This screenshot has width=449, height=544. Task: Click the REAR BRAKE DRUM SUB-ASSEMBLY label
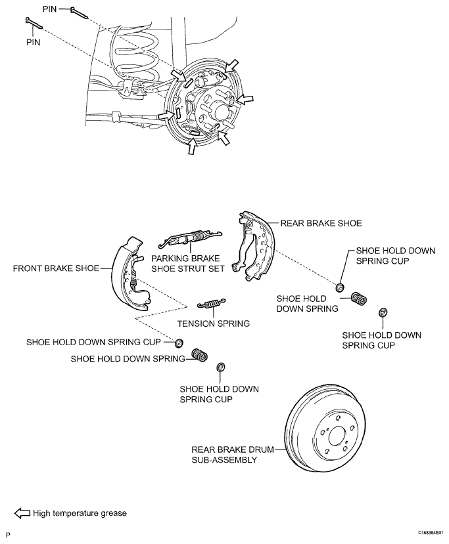(233, 455)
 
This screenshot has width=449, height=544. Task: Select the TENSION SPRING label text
(214, 324)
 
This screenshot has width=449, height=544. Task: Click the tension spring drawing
(211, 303)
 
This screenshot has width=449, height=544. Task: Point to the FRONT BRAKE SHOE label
(56, 268)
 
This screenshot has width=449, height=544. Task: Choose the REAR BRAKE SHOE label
(321, 223)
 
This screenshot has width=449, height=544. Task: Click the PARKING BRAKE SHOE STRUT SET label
(187, 263)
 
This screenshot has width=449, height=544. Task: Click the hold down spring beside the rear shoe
(359, 299)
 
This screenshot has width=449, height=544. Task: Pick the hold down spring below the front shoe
(200, 355)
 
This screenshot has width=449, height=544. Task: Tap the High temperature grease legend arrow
(22, 513)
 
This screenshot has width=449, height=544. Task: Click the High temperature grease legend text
(80, 513)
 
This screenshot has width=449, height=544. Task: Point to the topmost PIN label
(49, 9)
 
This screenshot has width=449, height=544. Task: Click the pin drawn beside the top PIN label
(80, 12)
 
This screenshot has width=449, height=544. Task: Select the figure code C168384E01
(431, 532)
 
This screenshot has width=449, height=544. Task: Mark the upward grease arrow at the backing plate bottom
(191, 146)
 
